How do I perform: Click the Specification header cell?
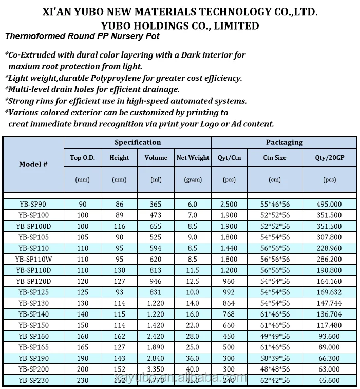137,142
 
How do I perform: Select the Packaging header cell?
284,142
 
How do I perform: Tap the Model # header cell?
33,164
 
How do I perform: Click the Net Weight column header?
193,158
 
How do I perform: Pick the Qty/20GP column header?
329,158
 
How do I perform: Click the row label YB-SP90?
33,204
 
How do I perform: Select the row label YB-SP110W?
33,259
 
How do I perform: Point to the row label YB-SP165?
33,347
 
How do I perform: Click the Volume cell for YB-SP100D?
156,226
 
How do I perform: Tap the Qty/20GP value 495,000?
329,204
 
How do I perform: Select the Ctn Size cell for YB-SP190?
275,358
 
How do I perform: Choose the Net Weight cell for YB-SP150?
193,325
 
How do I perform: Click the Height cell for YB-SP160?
119,336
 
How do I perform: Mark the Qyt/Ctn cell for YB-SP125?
229,292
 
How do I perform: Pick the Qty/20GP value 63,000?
329,369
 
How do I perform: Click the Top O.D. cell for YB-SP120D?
82,281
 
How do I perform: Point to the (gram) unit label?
193,180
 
